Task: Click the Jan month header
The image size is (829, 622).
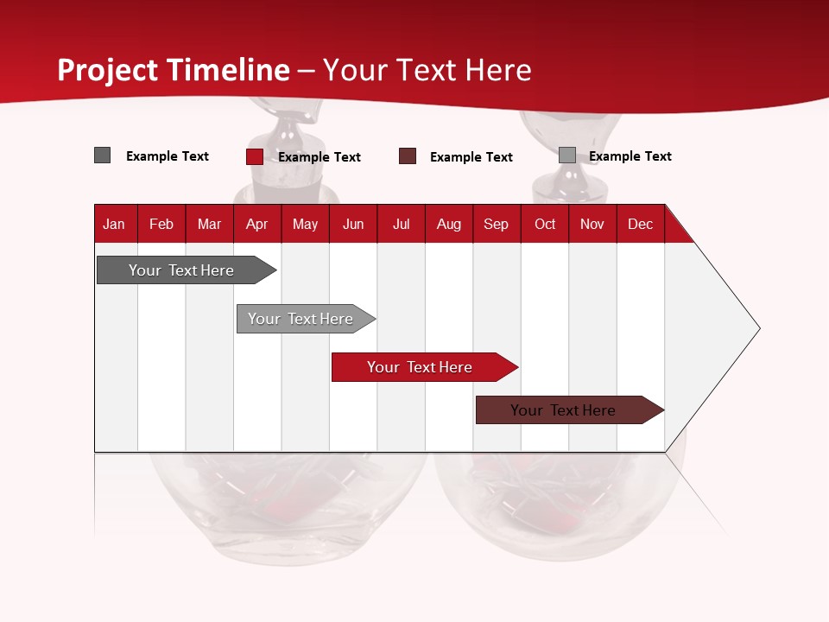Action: point(114,224)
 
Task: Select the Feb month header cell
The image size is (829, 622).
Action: point(161,224)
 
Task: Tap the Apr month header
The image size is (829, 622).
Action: point(256,224)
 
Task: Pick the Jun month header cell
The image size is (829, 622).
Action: point(353,224)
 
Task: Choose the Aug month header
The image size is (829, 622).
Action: point(448,224)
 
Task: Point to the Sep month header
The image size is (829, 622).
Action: point(496,224)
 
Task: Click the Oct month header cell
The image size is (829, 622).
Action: point(545,224)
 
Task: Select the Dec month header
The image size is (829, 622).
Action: point(640,224)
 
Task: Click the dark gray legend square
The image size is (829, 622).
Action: point(102,155)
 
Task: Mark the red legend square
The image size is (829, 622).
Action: point(254,156)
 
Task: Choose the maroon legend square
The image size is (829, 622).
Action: point(408,156)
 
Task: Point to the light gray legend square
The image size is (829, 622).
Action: point(566,155)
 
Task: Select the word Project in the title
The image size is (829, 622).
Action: point(108,70)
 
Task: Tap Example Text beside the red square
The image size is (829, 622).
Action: point(319,157)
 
